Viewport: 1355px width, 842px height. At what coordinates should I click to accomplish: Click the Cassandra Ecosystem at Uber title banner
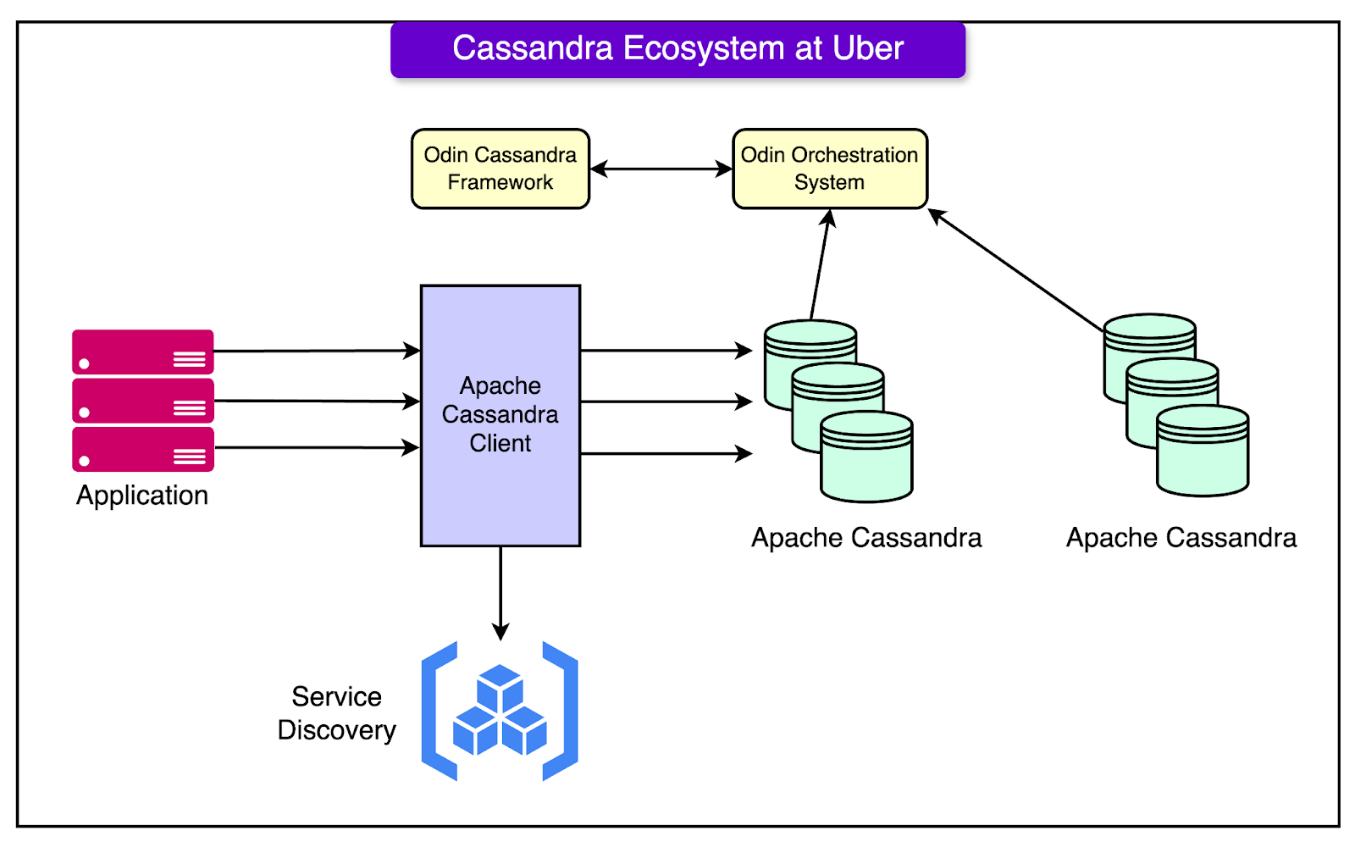click(x=677, y=49)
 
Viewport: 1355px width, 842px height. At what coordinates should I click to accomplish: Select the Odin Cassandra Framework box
click(x=500, y=169)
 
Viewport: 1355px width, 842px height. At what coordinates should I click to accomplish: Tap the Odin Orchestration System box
click(x=829, y=169)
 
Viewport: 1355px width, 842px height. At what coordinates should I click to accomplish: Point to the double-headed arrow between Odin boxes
click(x=661, y=169)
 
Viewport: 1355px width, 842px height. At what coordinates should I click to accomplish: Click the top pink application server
click(x=142, y=352)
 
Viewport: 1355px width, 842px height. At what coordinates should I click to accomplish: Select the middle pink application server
click(x=142, y=401)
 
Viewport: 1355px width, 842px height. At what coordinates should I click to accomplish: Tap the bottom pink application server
click(x=142, y=449)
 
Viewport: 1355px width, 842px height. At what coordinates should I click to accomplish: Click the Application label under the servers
click(x=142, y=496)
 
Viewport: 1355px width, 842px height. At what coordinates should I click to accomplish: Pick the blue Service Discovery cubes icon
click(x=500, y=711)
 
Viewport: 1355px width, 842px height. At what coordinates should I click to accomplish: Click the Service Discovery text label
click(x=337, y=713)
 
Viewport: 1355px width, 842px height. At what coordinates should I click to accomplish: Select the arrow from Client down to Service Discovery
click(x=501, y=593)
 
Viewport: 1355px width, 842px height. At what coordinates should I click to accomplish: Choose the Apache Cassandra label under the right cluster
click(x=1181, y=538)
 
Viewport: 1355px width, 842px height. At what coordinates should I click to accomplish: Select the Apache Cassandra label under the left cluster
click(x=866, y=538)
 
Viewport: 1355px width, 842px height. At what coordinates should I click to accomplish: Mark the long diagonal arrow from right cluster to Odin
click(x=1016, y=269)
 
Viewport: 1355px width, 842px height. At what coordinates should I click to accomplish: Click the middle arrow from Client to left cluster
click(x=666, y=402)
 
